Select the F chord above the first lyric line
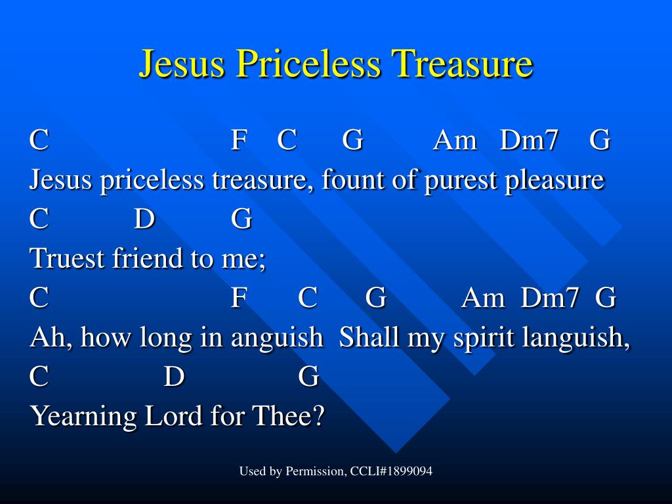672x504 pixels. (239, 140)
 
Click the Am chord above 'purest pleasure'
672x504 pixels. (455, 140)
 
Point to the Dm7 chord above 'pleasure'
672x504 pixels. (529, 140)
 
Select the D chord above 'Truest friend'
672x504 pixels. (144, 219)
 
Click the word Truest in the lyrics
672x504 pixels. (67, 258)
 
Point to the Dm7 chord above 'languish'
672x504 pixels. (549, 297)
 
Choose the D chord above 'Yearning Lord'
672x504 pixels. (174, 376)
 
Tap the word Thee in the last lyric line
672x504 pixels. (288, 415)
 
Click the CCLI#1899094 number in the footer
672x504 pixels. (391, 471)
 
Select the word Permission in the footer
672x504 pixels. (316, 471)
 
